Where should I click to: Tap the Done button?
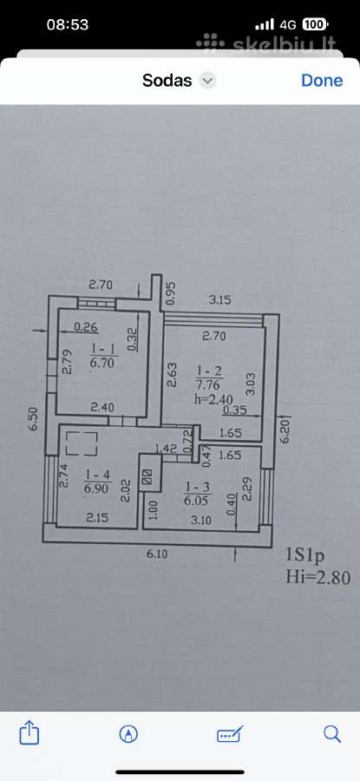(322, 80)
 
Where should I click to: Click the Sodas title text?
(167, 80)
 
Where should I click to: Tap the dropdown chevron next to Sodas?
(207, 81)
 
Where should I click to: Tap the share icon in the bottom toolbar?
(29, 733)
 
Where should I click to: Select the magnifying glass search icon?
(331, 733)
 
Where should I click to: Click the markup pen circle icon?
(128, 733)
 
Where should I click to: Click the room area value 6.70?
(102, 363)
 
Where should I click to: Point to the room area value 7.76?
(210, 384)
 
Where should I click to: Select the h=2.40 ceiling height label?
(214, 398)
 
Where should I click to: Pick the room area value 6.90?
(98, 489)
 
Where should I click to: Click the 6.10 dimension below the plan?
(156, 554)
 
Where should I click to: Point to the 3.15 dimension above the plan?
(220, 300)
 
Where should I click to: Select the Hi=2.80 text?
(317, 577)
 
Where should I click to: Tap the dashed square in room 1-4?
(82, 443)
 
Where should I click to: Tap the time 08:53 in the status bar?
(67, 24)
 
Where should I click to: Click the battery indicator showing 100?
(315, 24)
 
